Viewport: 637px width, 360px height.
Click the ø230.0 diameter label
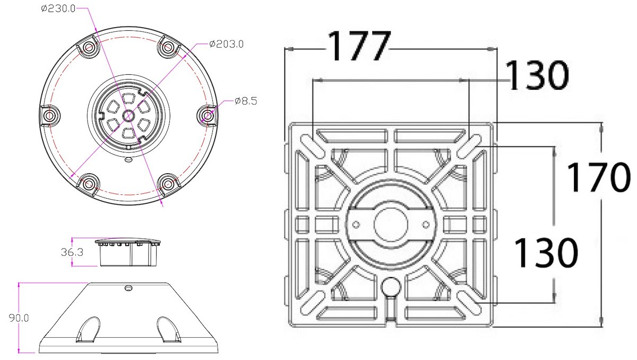pyautogui.click(x=58, y=9)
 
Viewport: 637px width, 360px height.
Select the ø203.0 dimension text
pyautogui.click(x=226, y=44)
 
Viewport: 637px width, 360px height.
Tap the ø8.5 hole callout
pyautogui.click(x=246, y=101)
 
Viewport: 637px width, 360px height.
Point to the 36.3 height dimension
pyautogui.click(x=72, y=252)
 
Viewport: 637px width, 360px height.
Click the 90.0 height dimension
pyautogui.click(x=19, y=318)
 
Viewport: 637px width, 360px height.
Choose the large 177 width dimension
pyautogui.click(x=359, y=46)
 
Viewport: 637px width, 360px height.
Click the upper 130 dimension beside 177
pyautogui.click(x=537, y=75)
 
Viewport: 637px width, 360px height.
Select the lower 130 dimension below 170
pyautogui.click(x=546, y=253)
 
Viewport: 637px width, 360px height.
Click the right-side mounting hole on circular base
pyautogui.click(x=208, y=116)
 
